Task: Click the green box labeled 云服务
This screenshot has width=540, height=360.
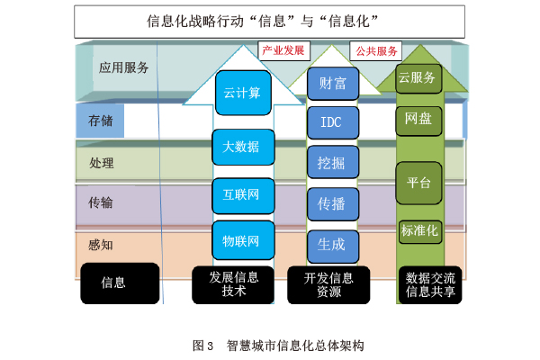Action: coord(418,77)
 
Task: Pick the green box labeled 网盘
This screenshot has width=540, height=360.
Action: coord(418,118)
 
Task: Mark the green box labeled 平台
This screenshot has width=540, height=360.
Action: coord(418,183)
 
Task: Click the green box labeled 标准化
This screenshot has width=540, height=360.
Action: coord(419,231)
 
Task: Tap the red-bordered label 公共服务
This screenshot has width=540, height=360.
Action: coord(377,50)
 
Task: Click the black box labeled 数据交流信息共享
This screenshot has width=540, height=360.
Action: coord(430,283)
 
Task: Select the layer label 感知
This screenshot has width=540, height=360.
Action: coord(102,244)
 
